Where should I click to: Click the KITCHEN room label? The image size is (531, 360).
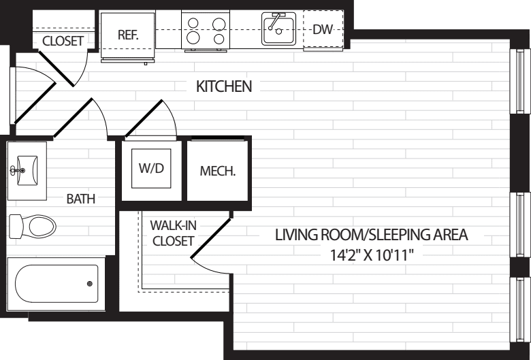(x=224, y=87)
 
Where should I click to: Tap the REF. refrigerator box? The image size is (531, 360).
(x=128, y=35)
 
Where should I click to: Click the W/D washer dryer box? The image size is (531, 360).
(x=151, y=167)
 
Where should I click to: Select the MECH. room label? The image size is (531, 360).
(x=218, y=171)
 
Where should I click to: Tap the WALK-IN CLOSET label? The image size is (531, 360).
(x=173, y=232)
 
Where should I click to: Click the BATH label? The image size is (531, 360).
(x=80, y=199)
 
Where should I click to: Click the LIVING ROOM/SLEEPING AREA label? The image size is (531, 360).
(x=371, y=235)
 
